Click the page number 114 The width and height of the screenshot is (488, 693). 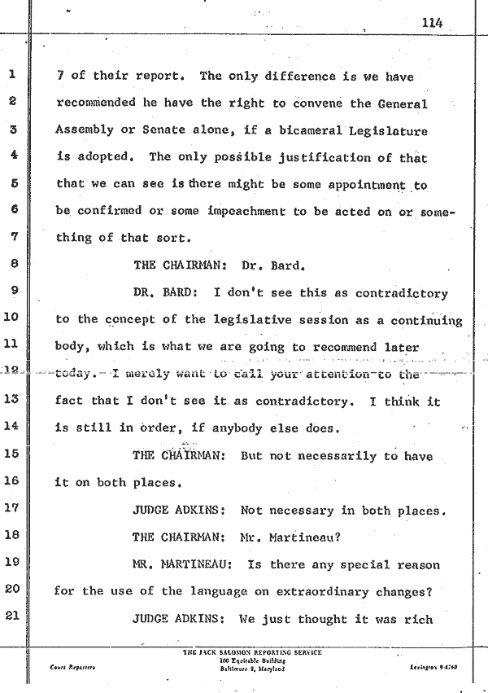432,23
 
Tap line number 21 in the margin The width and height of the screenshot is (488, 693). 13,617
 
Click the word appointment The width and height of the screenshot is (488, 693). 365,185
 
